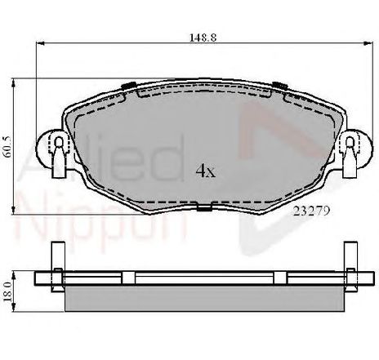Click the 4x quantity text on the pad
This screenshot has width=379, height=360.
pyautogui.click(x=204, y=171)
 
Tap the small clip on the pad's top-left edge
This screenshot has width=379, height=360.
pyautogui.click(x=127, y=86)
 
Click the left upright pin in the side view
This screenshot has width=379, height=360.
pyautogui.click(x=59, y=282)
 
